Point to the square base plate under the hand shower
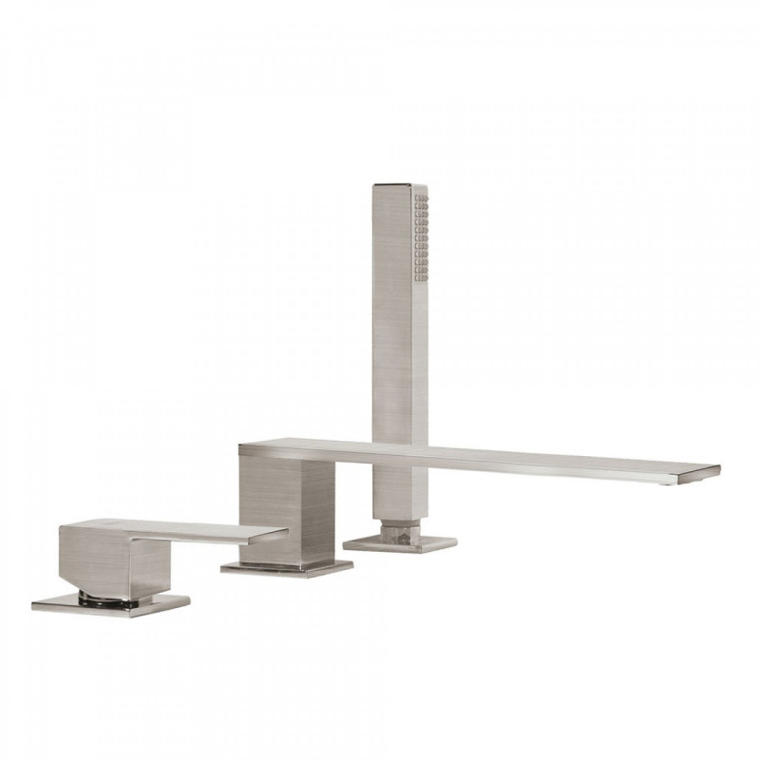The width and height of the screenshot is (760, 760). point(399,543)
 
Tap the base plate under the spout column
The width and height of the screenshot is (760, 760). point(287,568)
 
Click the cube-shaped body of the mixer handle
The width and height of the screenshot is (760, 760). point(100,560)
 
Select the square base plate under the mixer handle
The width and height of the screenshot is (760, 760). point(110,605)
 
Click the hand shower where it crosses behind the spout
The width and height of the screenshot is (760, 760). point(399,453)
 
